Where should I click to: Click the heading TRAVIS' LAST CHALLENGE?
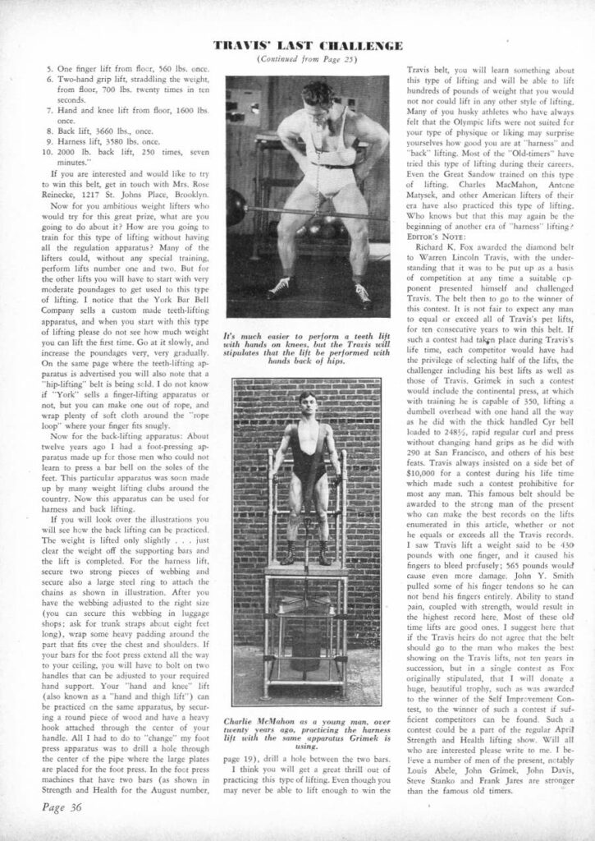click(x=296, y=45)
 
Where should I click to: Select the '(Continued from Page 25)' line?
click(x=296, y=61)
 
